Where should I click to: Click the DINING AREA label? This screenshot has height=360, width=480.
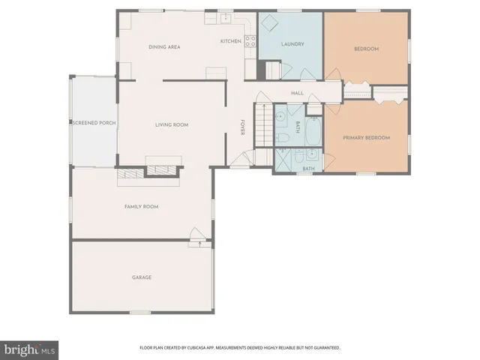pos(164,46)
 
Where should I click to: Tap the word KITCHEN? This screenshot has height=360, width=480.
pos(230,41)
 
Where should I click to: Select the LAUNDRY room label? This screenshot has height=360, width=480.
pos(292,44)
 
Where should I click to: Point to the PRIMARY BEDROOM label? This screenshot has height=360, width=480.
pos(366,138)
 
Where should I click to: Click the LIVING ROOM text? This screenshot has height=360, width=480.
pos(171,124)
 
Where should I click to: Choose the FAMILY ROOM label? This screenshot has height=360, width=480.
pos(141,206)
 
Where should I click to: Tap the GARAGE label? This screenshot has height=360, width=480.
pos(142,277)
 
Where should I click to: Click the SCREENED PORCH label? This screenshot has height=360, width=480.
pos(94,122)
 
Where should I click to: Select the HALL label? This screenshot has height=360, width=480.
pos(296,94)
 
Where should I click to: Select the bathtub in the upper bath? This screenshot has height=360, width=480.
pos(313,132)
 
